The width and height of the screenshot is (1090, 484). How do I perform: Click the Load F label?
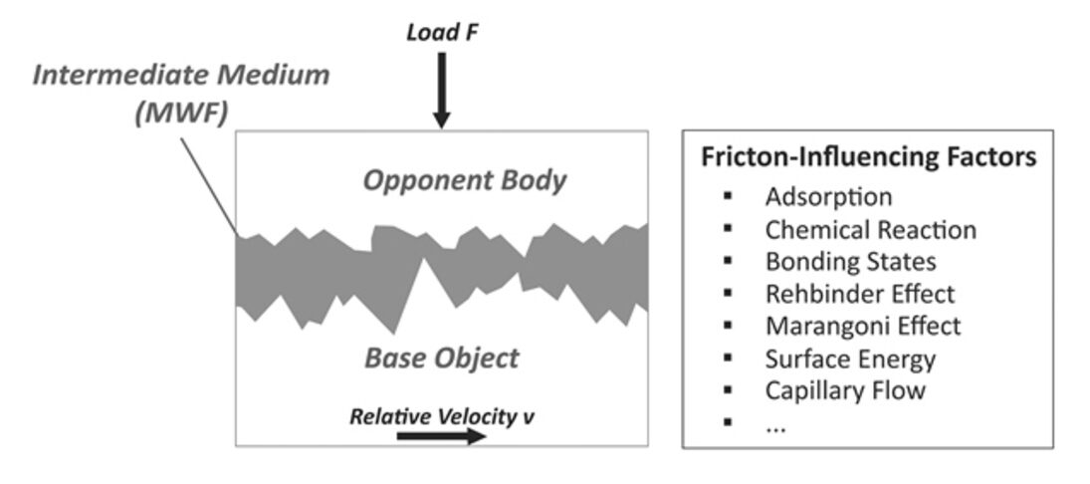[x=442, y=33]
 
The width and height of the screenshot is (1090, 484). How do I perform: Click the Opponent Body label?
[x=464, y=181]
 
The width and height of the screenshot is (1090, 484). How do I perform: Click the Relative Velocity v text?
[x=441, y=415]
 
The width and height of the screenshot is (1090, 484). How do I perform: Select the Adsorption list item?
[x=828, y=197]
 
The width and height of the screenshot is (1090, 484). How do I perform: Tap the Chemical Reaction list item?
[x=871, y=230]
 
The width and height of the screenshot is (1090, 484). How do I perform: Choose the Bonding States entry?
[x=851, y=262]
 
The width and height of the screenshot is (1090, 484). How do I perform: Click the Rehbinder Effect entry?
[x=859, y=294]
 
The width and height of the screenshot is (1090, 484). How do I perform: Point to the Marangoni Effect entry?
[x=863, y=326]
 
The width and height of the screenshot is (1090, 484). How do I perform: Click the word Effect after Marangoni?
[x=927, y=326]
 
